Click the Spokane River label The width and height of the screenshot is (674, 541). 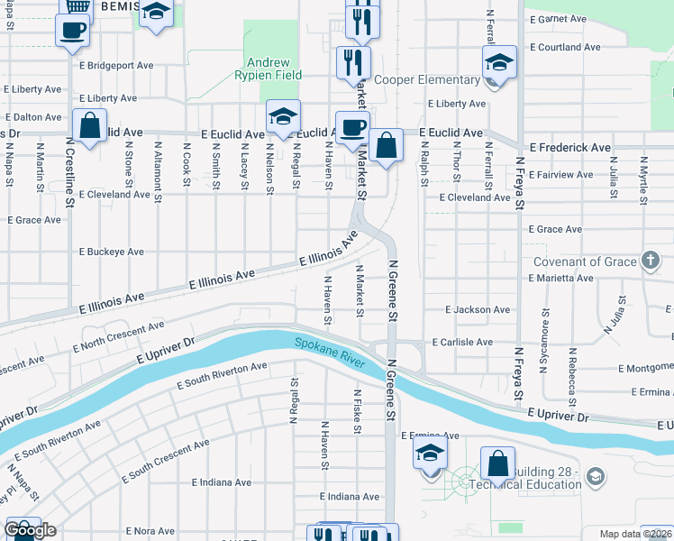328,351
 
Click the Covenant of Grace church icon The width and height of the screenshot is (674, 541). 651,261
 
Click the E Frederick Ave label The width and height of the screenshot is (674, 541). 569,147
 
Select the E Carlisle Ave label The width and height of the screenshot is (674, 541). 462,343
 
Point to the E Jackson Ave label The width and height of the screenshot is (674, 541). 478,309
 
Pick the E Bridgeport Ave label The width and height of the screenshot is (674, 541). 116,66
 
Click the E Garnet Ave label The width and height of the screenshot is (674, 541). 558,18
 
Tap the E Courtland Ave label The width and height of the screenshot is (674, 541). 565,47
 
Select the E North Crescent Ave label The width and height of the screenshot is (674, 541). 117,335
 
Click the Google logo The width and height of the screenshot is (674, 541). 30,530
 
